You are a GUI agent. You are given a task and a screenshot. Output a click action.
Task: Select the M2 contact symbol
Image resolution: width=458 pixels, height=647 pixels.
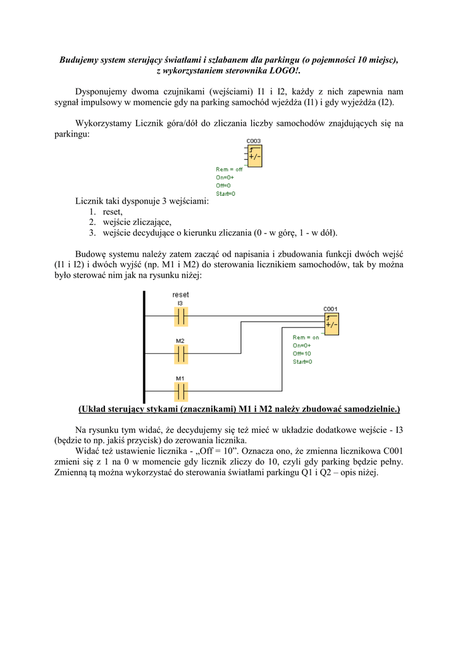[x=181, y=353]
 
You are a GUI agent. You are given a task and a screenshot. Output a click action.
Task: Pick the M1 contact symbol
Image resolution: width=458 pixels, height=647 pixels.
[x=181, y=391]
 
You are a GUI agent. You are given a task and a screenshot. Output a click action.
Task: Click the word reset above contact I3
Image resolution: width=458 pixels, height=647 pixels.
[x=181, y=294]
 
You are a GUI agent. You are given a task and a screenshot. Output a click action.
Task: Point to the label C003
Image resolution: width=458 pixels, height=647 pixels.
[x=254, y=141]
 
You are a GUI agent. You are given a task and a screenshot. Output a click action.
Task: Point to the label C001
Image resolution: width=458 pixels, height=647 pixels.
[x=331, y=309]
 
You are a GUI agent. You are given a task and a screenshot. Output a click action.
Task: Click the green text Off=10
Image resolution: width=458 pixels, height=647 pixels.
[x=302, y=354]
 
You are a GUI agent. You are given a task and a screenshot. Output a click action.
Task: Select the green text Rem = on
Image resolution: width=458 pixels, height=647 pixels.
[x=306, y=337]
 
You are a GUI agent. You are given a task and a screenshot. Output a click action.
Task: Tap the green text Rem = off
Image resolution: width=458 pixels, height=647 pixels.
[x=229, y=169]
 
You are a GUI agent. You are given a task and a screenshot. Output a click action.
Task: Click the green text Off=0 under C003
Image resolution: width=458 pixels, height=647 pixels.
[x=224, y=186]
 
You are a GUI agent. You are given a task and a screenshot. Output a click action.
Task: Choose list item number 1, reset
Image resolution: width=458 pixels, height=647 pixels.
[x=113, y=212]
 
